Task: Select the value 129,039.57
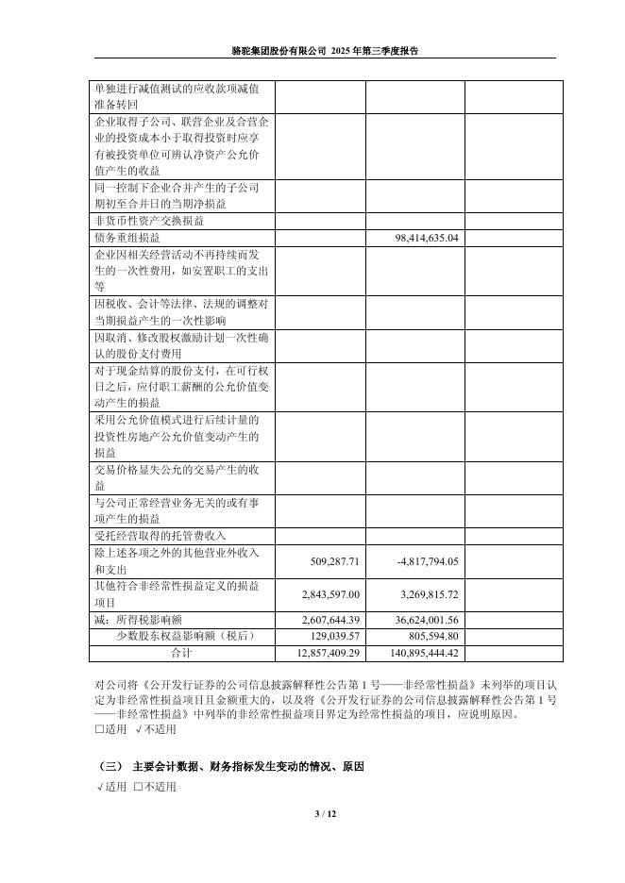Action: (334, 636)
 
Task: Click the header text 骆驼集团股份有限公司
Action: (280, 51)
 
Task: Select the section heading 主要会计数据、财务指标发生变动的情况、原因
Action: (248, 766)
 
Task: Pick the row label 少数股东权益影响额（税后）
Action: (185, 636)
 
